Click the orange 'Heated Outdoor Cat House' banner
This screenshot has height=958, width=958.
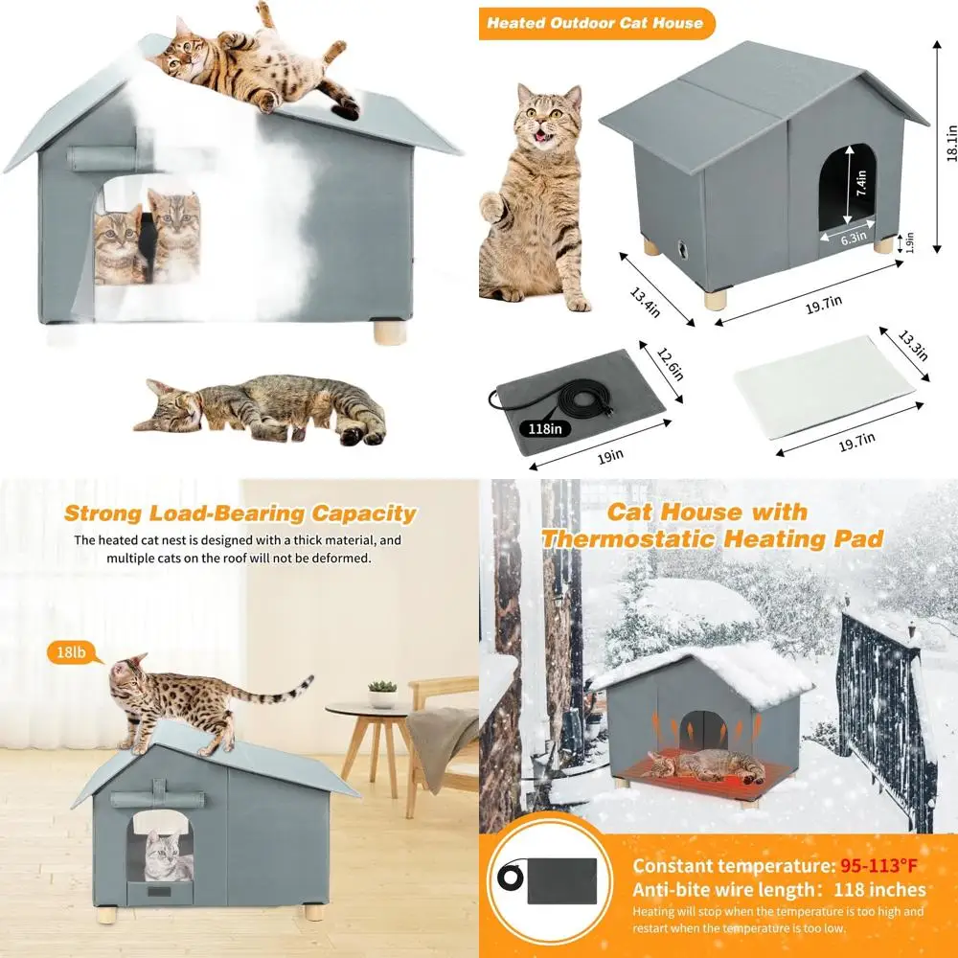pyautogui.click(x=596, y=23)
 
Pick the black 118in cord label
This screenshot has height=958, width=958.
pyautogui.click(x=538, y=429)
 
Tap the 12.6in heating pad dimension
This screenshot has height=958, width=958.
pyautogui.click(x=670, y=364)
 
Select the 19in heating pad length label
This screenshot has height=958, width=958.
pyautogui.click(x=604, y=458)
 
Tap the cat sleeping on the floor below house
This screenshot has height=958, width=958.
pyautogui.click(x=261, y=409)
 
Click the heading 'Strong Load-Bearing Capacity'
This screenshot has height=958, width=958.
pyautogui.click(x=239, y=514)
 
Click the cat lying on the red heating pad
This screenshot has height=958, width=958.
pyautogui.click(x=697, y=764)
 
